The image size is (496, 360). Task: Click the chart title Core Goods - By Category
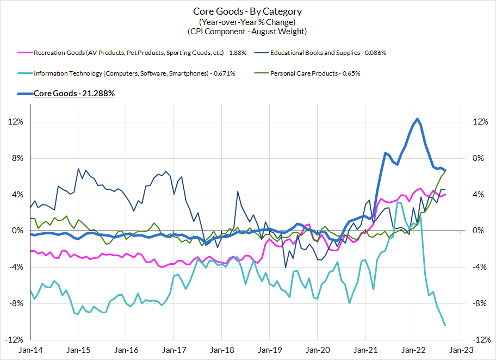247,11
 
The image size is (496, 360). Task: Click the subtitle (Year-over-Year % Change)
247,22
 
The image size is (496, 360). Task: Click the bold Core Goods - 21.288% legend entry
74,93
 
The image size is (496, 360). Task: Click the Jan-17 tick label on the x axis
173,351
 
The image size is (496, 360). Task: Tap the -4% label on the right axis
479,267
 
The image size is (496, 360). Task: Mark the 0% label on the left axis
18,231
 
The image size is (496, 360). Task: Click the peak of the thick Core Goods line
417,119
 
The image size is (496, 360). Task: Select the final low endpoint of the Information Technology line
445,326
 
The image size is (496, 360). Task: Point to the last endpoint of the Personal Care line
445,171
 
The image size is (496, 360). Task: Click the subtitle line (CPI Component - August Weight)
247,32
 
